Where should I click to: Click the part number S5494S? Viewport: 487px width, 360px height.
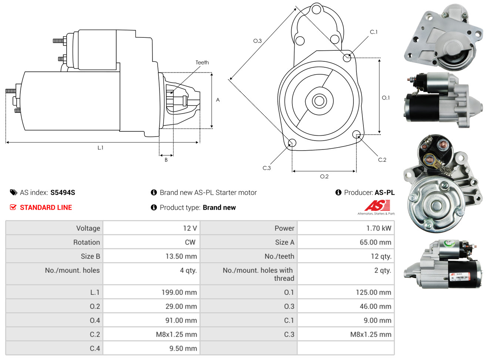(x=63, y=192)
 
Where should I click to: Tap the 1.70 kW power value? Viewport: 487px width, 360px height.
(x=379, y=228)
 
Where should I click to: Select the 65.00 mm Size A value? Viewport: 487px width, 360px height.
(x=375, y=242)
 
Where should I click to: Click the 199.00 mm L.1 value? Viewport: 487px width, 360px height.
(x=179, y=292)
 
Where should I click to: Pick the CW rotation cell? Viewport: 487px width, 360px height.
(x=190, y=242)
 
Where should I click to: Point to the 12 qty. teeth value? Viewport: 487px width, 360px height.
(x=381, y=256)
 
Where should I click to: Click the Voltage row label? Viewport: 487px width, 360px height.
(x=88, y=228)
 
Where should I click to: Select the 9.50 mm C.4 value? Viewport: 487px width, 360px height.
(x=183, y=349)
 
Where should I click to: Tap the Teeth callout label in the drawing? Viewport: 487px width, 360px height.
(x=202, y=63)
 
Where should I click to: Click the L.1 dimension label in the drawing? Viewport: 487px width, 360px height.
(x=100, y=148)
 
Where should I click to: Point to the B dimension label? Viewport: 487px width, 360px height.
(x=166, y=160)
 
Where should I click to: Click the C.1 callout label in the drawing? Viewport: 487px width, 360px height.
(x=374, y=32)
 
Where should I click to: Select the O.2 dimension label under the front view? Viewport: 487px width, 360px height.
(x=324, y=176)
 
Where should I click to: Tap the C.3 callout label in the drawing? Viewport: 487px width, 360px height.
(x=266, y=168)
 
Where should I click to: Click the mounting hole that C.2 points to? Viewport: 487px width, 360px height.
(x=356, y=134)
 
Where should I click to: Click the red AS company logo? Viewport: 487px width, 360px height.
(x=377, y=206)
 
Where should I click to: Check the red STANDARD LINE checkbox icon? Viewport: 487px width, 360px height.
(x=13, y=207)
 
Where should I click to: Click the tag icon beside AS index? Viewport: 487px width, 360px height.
(x=13, y=192)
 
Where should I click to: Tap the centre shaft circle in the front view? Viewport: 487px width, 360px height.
(x=319, y=101)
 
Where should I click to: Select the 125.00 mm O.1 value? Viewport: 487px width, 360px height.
(x=373, y=292)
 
